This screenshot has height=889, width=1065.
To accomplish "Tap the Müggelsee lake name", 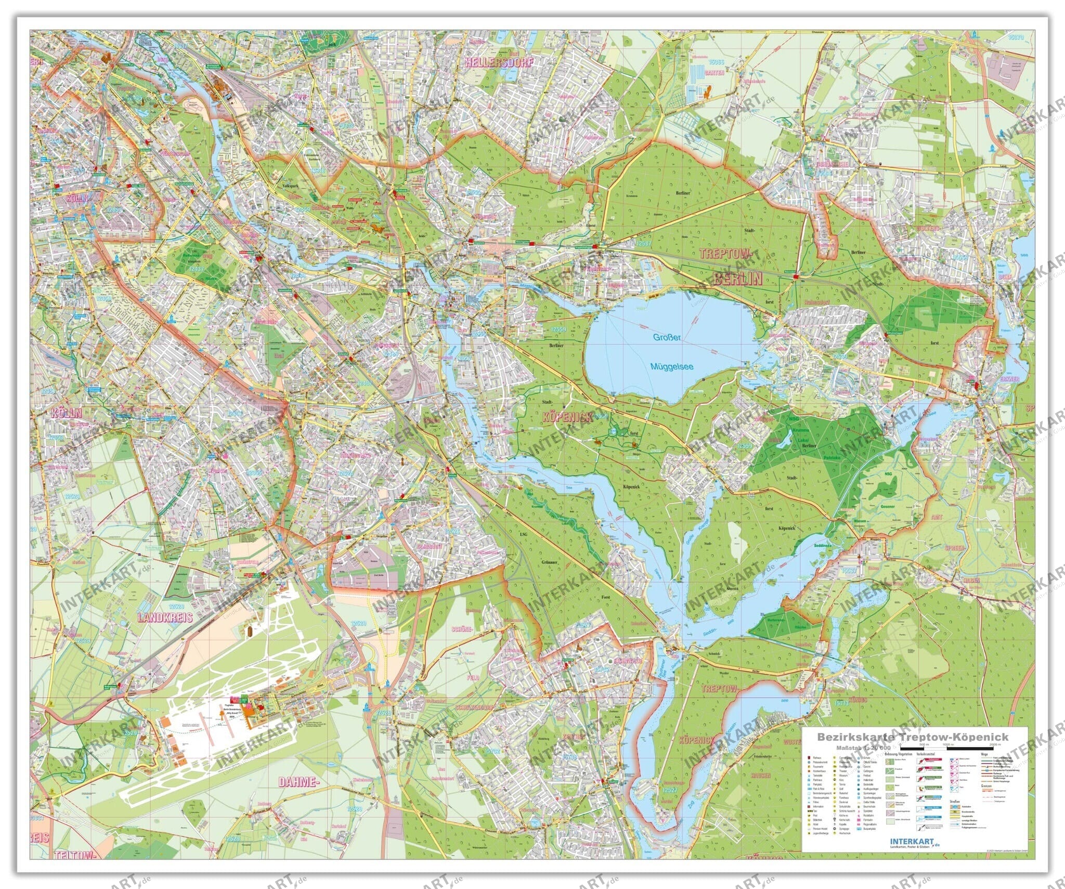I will click(x=672, y=367).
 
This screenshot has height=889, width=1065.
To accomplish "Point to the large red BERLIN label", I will click(x=738, y=278).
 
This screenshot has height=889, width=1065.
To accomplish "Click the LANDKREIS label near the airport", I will click(x=165, y=617).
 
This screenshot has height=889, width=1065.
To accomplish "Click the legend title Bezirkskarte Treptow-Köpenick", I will click(x=913, y=737).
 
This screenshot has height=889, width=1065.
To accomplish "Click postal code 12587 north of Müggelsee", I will click(x=643, y=243).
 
